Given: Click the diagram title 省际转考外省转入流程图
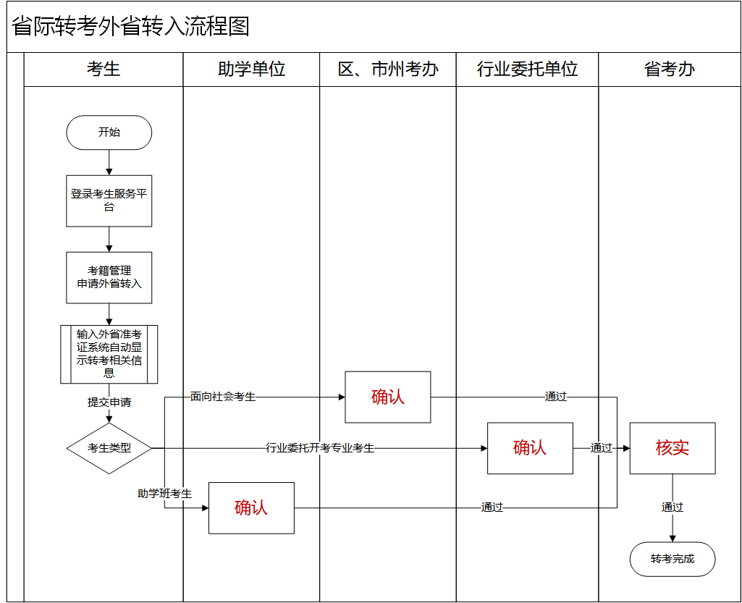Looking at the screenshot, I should click(131, 27).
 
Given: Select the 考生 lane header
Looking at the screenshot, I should click(104, 69).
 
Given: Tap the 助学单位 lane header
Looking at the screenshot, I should click(251, 69).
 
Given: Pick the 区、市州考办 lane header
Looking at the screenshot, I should click(388, 69).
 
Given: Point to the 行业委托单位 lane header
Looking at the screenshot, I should click(527, 69).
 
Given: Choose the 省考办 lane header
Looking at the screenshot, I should click(669, 69).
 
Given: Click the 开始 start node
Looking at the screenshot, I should click(109, 132).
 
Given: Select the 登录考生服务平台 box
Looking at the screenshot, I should click(109, 201).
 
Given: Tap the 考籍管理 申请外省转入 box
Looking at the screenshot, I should click(109, 277).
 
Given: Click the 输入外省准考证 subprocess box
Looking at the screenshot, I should click(109, 354).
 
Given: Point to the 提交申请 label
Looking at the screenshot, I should click(109, 402).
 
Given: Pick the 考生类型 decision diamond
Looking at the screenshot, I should click(109, 448).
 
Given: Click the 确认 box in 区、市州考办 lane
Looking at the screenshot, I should click(388, 397).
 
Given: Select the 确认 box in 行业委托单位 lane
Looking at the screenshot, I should click(530, 448).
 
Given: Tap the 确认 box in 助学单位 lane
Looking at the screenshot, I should click(251, 507).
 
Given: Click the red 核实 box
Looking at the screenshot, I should click(673, 448).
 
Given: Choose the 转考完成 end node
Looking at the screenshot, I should click(673, 559).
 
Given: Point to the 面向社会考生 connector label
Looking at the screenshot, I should click(223, 397).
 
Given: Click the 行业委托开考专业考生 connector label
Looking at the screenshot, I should click(320, 448).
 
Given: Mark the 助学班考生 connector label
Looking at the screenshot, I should click(165, 494).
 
